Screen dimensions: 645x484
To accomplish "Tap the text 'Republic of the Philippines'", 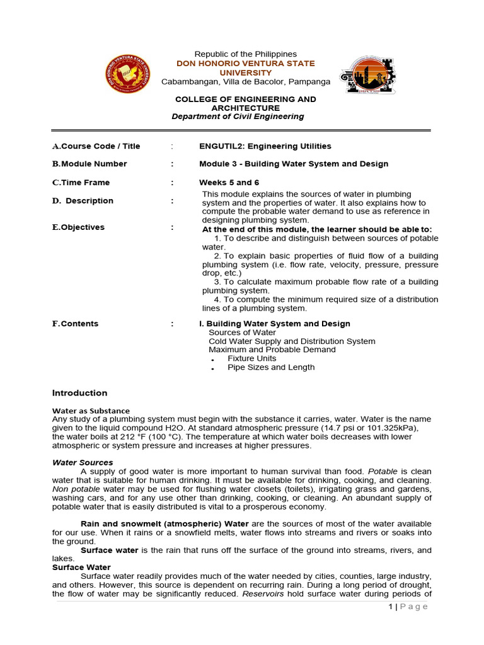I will tap(245, 54).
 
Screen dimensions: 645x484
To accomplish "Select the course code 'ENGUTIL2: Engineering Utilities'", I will tap(265, 146).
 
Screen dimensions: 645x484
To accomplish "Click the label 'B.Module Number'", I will tap(89, 164).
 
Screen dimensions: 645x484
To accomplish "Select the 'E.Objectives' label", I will tap(78, 227).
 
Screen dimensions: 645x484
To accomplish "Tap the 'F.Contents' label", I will tap(75, 324).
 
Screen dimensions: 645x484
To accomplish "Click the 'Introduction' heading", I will tap(79, 393).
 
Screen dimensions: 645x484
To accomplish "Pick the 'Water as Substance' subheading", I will tap(91, 411).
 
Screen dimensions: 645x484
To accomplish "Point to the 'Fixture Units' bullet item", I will tap(251, 358).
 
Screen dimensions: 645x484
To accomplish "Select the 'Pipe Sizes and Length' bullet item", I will tap(270, 367).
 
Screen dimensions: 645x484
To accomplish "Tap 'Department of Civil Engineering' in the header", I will tap(238, 117).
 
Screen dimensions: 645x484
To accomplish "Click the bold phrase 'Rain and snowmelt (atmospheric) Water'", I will tap(164, 524).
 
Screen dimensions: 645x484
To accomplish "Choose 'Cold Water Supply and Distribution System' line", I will tap(292, 341).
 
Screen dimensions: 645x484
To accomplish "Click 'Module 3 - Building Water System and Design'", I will tap(294, 164).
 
